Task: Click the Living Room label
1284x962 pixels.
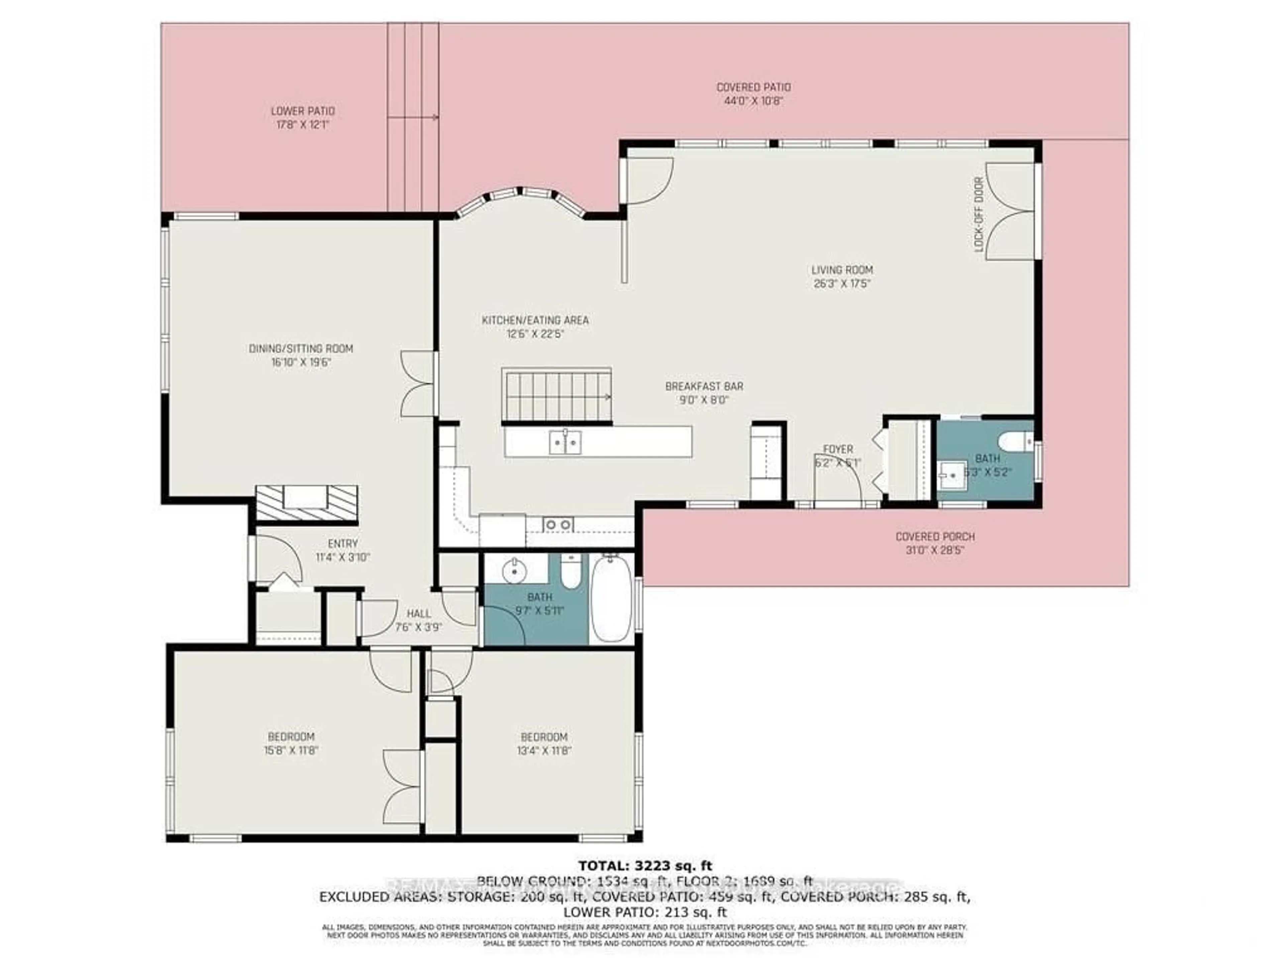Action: [842, 270]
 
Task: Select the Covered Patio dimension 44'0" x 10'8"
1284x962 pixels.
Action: [753, 101]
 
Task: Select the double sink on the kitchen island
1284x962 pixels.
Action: [565, 443]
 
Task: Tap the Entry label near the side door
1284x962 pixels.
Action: [342, 544]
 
